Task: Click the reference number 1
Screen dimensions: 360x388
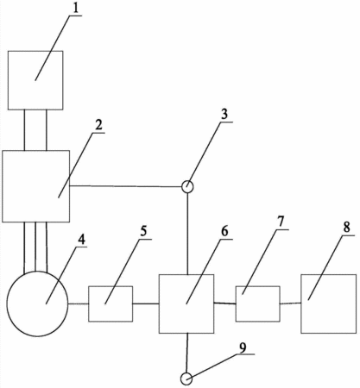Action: [x=75, y=8]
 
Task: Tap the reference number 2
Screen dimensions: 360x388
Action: [x=98, y=125]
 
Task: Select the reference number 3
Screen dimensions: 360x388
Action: [x=224, y=114]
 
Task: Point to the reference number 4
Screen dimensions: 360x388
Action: [x=82, y=240]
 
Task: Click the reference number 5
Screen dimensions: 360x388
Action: [x=143, y=231]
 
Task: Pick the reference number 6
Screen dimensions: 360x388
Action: [x=224, y=231]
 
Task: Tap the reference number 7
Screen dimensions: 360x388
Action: [x=281, y=222]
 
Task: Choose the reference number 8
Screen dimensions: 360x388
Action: [x=347, y=227]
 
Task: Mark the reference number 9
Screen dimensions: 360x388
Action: [x=243, y=347]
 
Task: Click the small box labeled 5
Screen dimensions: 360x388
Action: [x=111, y=286]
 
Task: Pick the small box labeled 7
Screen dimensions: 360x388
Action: [x=258, y=286]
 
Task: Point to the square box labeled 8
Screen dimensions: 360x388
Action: [x=329, y=275]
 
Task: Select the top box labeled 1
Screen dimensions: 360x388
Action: [x=35, y=52]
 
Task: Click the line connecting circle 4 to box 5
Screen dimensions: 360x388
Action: [x=79, y=304]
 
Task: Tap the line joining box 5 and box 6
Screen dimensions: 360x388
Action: [x=146, y=304]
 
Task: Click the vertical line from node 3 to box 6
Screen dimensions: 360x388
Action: [x=187, y=234]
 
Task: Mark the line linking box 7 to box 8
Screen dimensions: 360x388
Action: [x=291, y=304]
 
